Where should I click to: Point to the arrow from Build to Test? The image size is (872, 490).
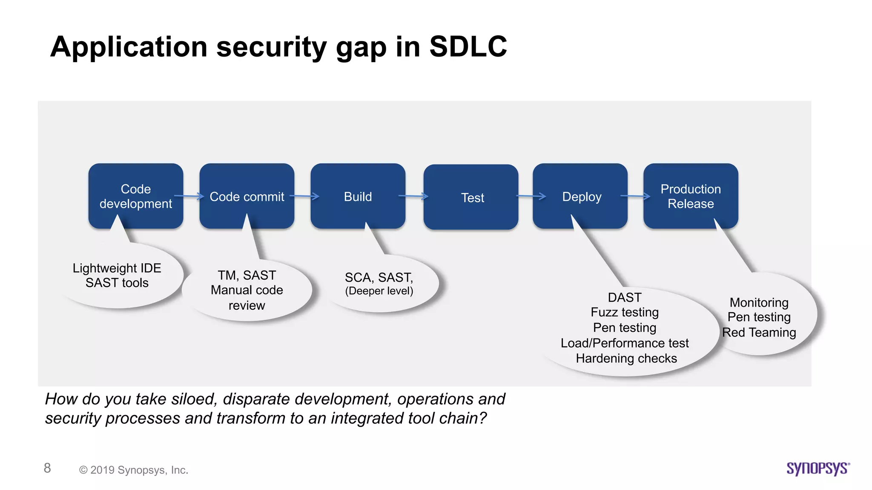[413, 196]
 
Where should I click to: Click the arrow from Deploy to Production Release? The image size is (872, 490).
[635, 196]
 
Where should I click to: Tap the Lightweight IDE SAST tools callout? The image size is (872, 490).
[117, 276]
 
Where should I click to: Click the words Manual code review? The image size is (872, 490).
[247, 297]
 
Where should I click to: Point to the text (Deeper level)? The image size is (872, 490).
[379, 291]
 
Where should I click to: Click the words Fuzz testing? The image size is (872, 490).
[625, 312]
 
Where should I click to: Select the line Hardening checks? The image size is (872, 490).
[626, 359]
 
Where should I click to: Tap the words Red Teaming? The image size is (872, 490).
[759, 332]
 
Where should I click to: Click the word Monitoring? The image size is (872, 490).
[759, 302]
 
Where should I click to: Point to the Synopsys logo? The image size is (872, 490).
[818, 468]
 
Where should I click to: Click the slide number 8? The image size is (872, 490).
[47, 468]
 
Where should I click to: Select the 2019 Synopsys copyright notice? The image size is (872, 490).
[134, 470]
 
